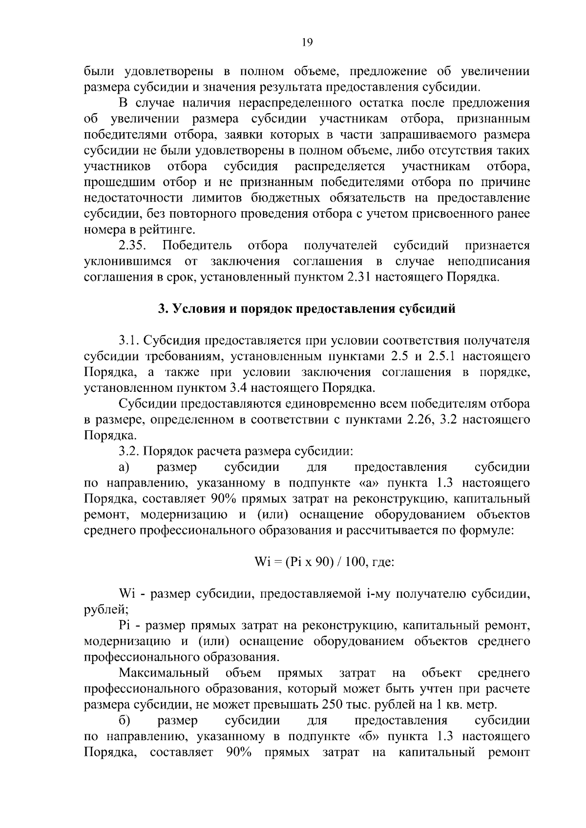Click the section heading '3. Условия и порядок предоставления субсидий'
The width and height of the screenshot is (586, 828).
(x=306, y=309)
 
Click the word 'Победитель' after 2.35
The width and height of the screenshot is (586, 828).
(x=197, y=245)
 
